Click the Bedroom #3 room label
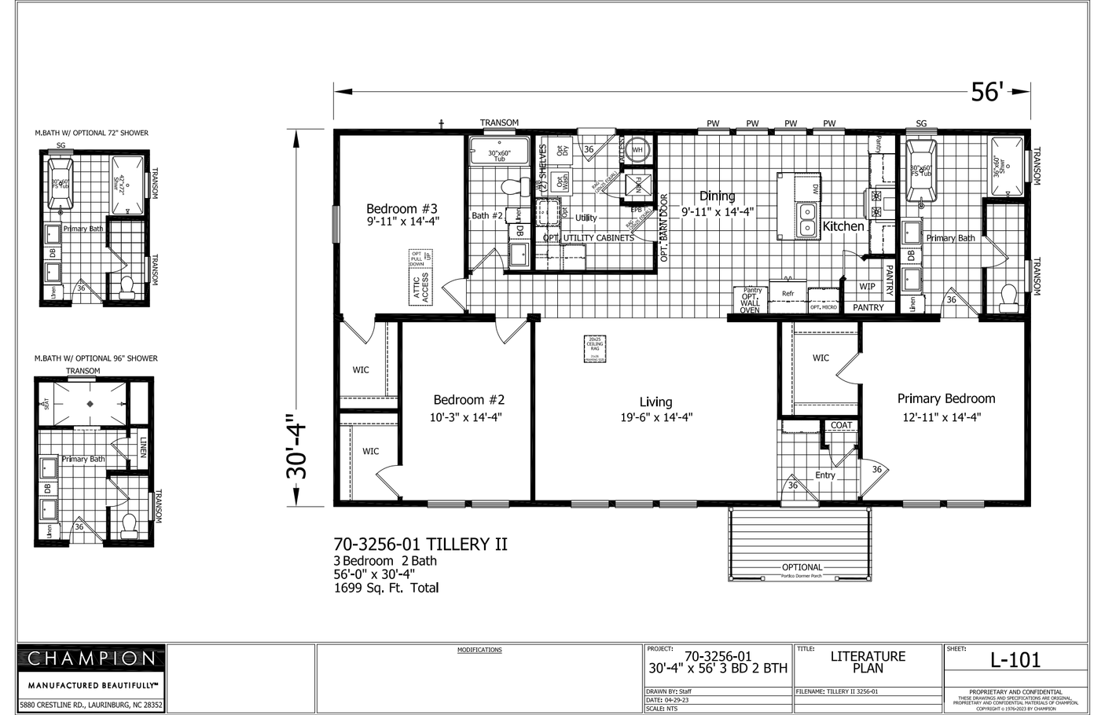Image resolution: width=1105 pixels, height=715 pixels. (402, 209)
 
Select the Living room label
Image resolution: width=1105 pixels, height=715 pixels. (655, 401)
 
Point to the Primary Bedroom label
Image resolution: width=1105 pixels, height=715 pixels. (945, 398)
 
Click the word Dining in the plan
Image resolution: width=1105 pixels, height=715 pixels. (717, 196)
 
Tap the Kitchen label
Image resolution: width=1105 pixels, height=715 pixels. (843, 226)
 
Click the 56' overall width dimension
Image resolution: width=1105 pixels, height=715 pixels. (986, 92)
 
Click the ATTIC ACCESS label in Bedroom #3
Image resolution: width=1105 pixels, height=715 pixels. (421, 288)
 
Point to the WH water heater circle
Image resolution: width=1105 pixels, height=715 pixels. (637, 149)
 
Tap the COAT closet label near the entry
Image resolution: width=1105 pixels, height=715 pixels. (841, 425)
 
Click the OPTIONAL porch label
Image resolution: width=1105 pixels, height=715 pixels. (802, 567)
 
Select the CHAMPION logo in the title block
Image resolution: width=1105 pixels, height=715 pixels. (92, 658)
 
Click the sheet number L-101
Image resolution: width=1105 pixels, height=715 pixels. (1015, 660)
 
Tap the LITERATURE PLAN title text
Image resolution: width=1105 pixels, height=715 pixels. (868, 662)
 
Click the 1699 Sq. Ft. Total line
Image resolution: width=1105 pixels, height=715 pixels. (386, 588)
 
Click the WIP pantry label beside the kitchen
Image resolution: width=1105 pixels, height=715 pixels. (867, 287)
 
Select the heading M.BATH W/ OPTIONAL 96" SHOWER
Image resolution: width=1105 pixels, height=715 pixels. (96, 358)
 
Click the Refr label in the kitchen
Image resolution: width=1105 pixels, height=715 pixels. (787, 294)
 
